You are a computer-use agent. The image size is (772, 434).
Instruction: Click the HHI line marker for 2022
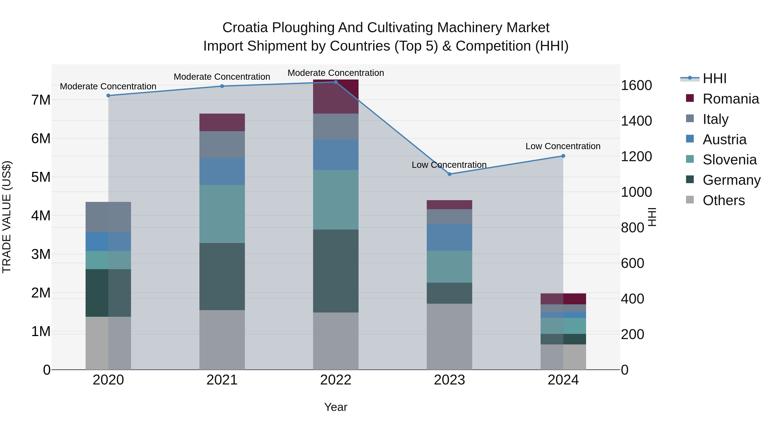[336, 82]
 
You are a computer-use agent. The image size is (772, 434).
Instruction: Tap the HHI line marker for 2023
[449, 174]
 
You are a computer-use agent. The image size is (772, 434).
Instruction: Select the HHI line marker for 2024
[563, 156]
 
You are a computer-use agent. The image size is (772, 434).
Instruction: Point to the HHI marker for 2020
[108, 96]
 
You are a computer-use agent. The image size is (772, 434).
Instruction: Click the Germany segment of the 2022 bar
[336, 271]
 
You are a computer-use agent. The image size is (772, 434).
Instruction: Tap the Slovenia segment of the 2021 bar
[222, 214]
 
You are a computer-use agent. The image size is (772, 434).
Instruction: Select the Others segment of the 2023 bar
[449, 337]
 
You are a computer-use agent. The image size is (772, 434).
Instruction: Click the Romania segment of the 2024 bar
[563, 299]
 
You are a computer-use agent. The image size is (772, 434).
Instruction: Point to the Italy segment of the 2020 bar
[108, 217]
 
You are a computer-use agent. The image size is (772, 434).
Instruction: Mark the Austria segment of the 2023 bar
[449, 237]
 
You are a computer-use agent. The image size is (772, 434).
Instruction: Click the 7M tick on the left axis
[41, 100]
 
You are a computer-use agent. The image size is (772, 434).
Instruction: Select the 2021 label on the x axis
[222, 380]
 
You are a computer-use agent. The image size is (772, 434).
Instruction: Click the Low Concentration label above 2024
[563, 146]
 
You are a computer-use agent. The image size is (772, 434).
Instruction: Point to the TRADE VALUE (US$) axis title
[7, 217]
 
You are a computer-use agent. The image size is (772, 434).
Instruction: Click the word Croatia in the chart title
[245, 28]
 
